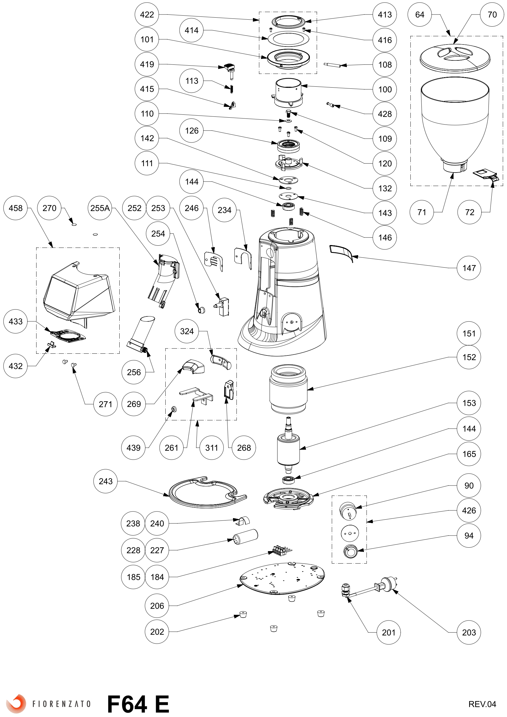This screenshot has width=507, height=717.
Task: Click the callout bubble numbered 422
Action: click(x=147, y=15)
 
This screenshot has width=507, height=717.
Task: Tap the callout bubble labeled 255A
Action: click(x=100, y=208)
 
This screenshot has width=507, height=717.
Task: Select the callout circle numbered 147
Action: click(x=469, y=268)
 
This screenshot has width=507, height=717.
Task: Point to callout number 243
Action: click(x=106, y=481)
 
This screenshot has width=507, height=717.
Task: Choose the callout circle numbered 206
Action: click(x=157, y=606)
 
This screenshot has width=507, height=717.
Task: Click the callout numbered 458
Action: click(x=16, y=208)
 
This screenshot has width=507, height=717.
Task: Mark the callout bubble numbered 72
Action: click(x=469, y=212)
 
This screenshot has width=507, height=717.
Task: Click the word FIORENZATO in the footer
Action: click(x=61, y=704)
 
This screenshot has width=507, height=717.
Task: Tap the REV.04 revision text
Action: click(x=482, y=704)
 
